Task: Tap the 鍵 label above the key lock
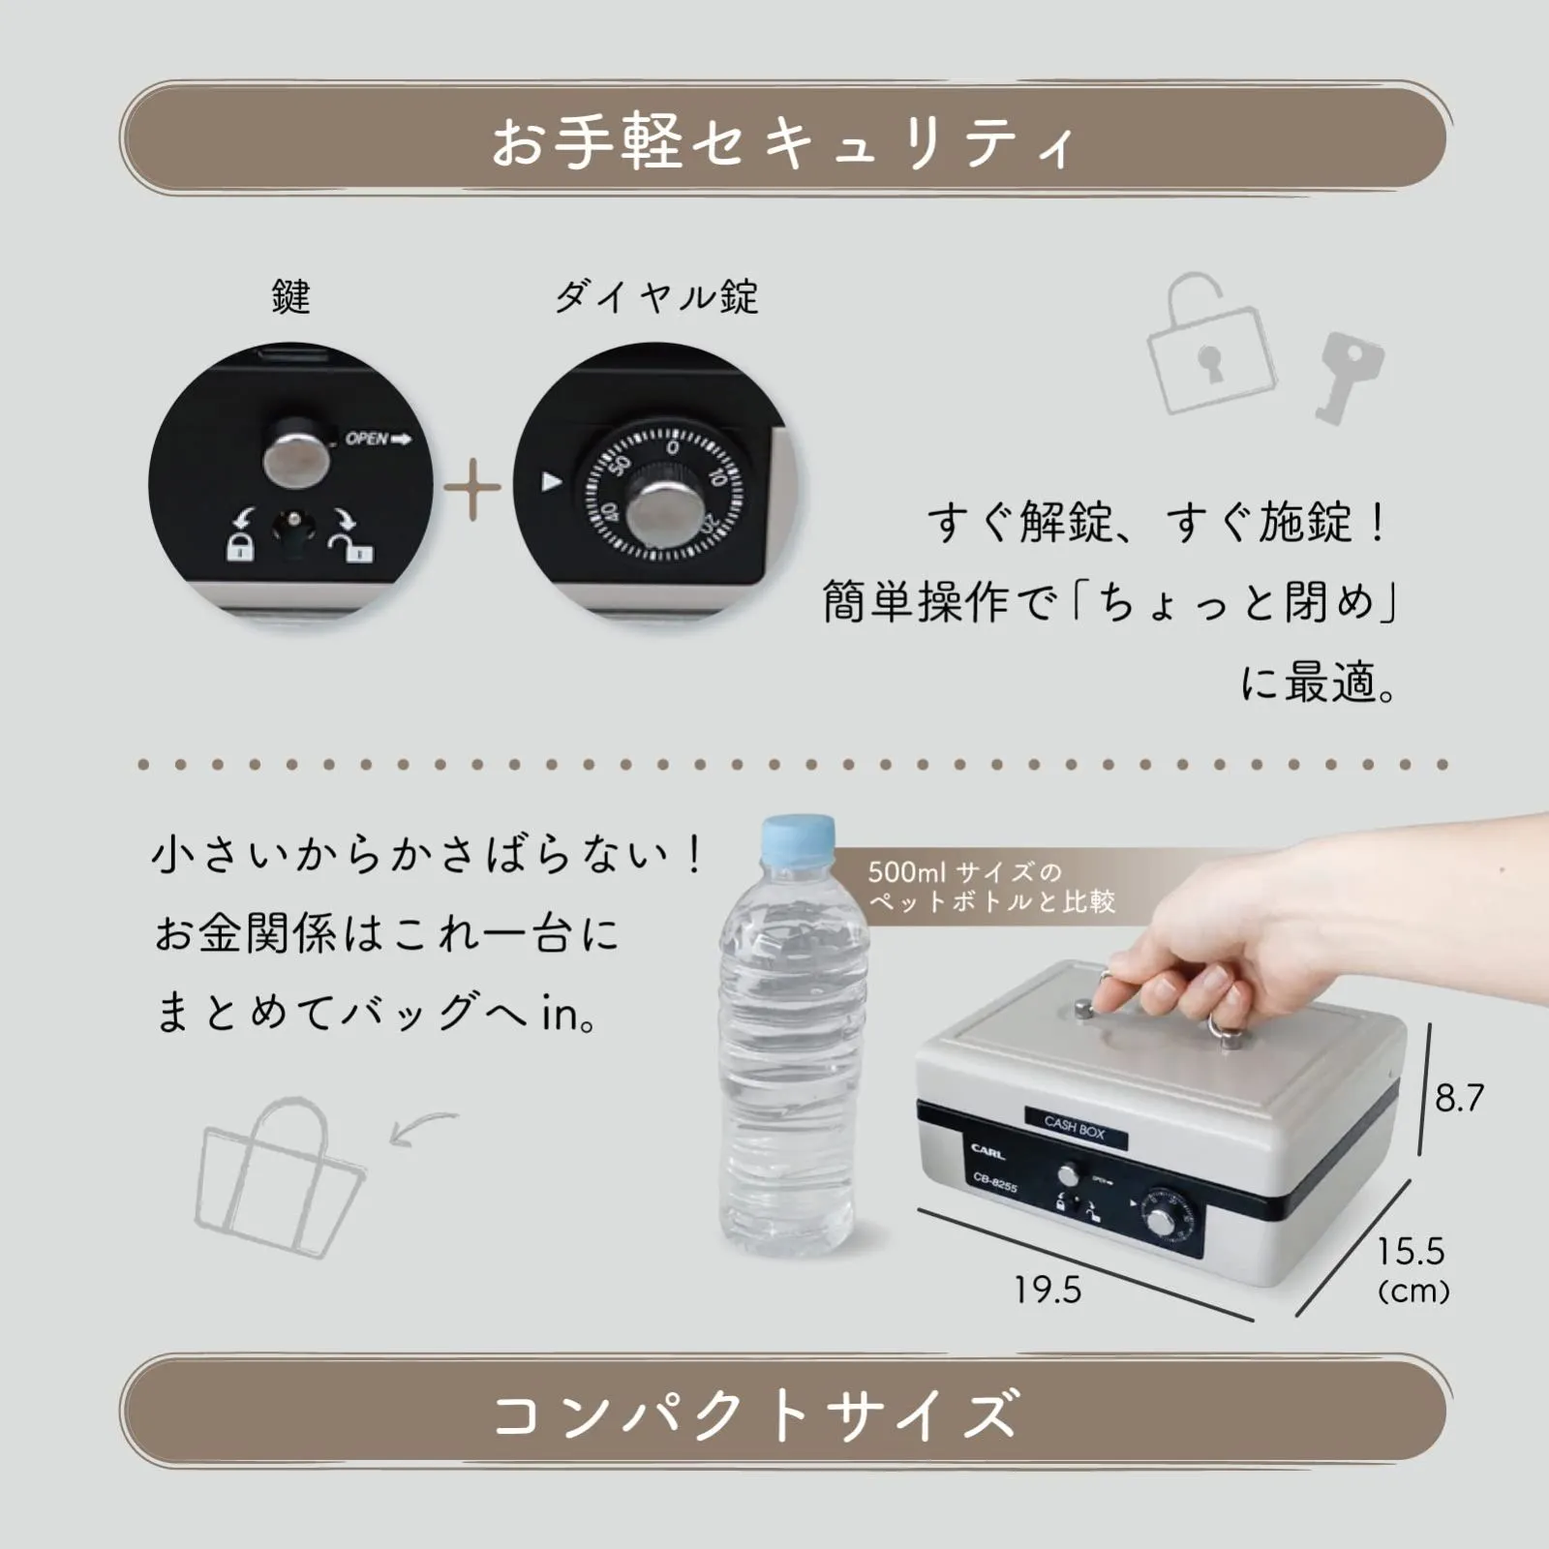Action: (x=290, y=296)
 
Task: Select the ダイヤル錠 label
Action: (x=656, y=296)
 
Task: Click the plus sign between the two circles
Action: (x=472, y=488)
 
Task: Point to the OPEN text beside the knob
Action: (x=378, y=440)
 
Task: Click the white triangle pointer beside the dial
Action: (x=552, y=481)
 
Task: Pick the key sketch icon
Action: (x=1349, y=374)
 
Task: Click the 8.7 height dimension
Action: (x=1459, y=1098)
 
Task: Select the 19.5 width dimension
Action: (x=1048, y=1290)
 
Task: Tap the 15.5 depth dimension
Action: (x=1411, y=1251)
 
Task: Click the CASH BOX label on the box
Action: (x=1075, y=1128)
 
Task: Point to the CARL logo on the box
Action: (x=987, y=1151)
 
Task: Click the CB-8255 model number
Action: (x=995, y=1183)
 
